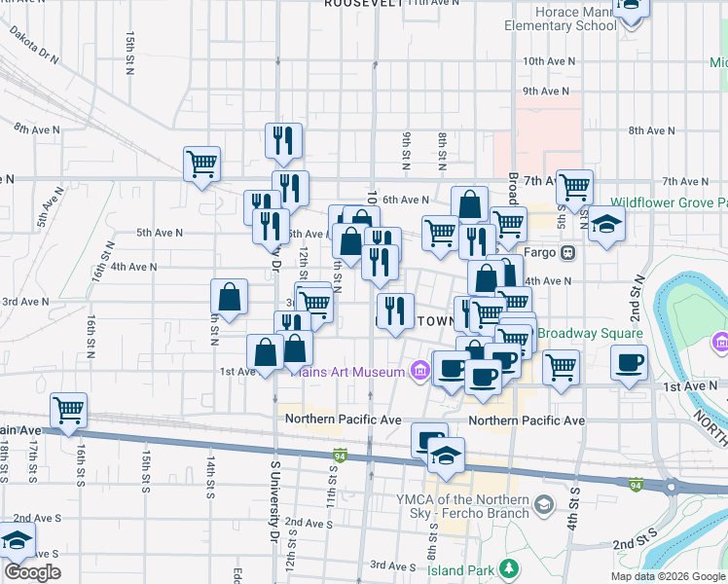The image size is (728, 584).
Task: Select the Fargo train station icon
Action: coord(567,252)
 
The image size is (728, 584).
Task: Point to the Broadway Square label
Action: coord(590,333)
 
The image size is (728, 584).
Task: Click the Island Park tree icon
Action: coord(506,567)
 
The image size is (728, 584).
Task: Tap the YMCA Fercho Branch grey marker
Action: coord(543,503)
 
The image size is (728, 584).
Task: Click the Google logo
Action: coord(33,572)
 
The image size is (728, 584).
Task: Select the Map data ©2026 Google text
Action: coord(668,576)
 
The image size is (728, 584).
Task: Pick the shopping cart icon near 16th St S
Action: coord(68,411)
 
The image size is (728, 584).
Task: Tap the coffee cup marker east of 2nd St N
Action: coord(629,362)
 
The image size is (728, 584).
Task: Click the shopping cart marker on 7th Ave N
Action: coord(575,184)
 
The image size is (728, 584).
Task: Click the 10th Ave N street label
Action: coord(549,60)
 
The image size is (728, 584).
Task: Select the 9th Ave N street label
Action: coord(545,91)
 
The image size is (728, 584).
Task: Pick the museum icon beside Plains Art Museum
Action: coord(419,371)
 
